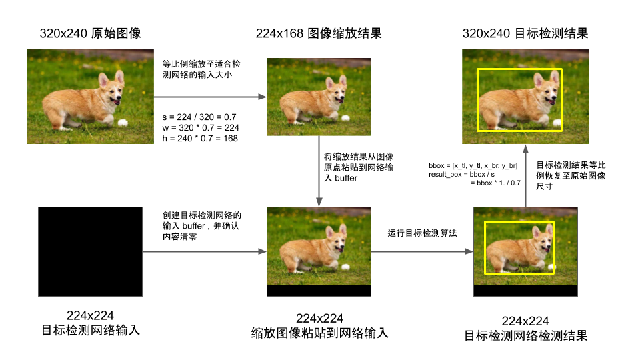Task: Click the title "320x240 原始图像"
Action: click(x=90, y=33)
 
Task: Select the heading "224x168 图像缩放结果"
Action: click(x=319, y=33)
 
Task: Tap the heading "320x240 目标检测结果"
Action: click(x=525, y=33)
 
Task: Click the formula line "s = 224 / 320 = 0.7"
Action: click(x=199, y=117)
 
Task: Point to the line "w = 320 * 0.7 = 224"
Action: click(x=201, y=128)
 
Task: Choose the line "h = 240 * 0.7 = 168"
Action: click(x=200, y=139)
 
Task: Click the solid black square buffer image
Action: click(x=90, y=251)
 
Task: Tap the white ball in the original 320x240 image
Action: click(x=123, y=123)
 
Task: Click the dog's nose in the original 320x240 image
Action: click(x=119, y=97)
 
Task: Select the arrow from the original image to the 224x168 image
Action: click(x=210, y=97)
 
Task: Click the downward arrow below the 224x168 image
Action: click(x=319, y=171)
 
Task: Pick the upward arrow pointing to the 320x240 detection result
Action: click(x=526, y=175)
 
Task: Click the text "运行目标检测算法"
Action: click(x=423, y=233)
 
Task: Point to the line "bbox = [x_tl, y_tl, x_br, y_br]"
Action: click(x=473, y=166)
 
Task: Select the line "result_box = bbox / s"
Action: click(x=461, y=174)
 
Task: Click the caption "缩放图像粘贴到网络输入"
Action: click(x=319, y=333)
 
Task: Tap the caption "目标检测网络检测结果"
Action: click(x=526, y=335)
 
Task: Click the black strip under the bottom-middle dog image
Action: click(x=319, y=290)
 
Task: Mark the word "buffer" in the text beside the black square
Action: click(x=193, y=226)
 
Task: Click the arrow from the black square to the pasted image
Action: click(x=205, y=251)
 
